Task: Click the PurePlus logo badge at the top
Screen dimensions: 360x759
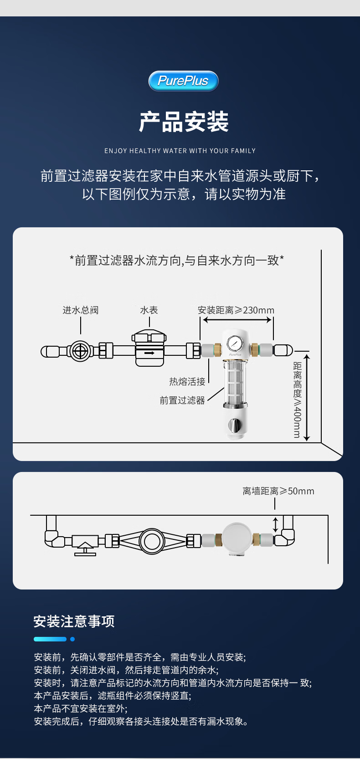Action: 183,81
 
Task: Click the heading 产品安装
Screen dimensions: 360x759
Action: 183,122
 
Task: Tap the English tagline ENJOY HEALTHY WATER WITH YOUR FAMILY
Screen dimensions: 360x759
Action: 180,151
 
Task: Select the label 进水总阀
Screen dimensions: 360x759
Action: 81,310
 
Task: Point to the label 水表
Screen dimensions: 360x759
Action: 149,310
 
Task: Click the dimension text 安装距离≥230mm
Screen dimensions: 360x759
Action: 236,310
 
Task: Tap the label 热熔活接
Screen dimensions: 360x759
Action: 187,381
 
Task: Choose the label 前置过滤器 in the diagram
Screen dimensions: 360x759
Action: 182,400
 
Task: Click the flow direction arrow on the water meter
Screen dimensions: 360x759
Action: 149,353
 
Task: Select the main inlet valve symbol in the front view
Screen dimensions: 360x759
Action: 81,351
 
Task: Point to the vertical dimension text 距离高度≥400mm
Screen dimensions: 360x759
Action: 297,400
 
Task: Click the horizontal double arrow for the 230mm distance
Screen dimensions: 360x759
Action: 237,320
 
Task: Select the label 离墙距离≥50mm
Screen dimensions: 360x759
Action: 278,491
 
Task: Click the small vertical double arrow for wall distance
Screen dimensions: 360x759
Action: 275,524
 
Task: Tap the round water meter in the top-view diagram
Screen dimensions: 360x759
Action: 152,541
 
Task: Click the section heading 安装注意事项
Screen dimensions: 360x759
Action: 74,621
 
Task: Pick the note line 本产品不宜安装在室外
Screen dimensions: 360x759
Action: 81,708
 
